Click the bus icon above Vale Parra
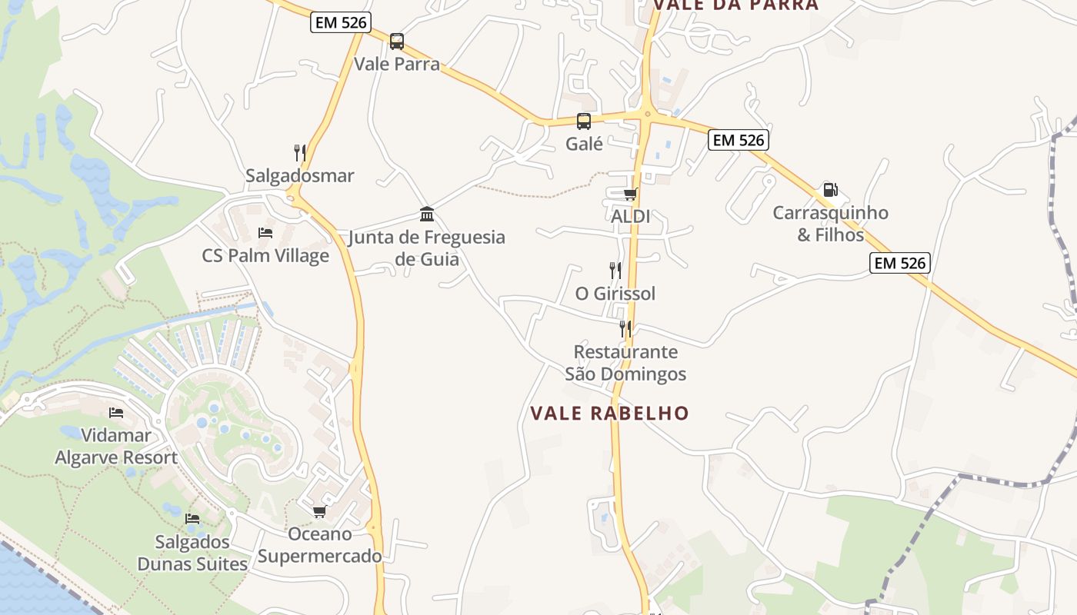[x=396, y=41]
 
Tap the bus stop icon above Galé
[x=584, y=121]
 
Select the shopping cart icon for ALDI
[x=630, y=194]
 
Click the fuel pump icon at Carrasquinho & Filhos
[x=830, y=189]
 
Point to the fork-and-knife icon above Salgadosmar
[x=300, y=152]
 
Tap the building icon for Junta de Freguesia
[x=427, y=214]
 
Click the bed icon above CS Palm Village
[x=265, y=232]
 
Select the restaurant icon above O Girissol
[x=615, y=270]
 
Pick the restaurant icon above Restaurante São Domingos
[x=625, y=329]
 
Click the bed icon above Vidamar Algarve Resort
[x=116, y=413]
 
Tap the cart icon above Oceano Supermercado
[x=319, y=511]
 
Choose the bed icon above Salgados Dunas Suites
[x=192, y=519]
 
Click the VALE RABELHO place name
[x=609, y=413]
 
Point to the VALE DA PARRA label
[x=735, y=5]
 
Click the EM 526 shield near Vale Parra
[x=341, y=22]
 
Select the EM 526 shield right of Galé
[x=739, y=140]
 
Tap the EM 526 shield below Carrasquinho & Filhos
[x=900, y=263]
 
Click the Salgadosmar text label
[x=300, y=175]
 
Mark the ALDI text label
[x=630, y=216]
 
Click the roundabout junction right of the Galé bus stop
[x=647, y=115]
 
